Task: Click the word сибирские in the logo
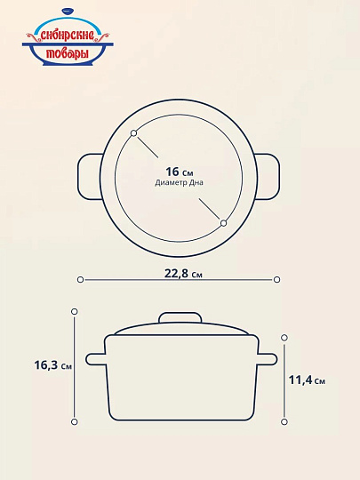tap(67, 36)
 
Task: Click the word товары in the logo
tap(68, 53)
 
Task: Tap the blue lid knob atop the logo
tap(68, 11)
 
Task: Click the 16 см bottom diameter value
tap(180, 172)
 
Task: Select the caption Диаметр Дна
tap(179, 183)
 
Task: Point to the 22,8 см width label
tap(183, 273)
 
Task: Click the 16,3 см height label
tap(53, 365)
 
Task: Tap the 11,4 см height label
tap(307, 380)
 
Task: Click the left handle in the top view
tap(91, 177)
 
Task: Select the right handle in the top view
tap(267, 177)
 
